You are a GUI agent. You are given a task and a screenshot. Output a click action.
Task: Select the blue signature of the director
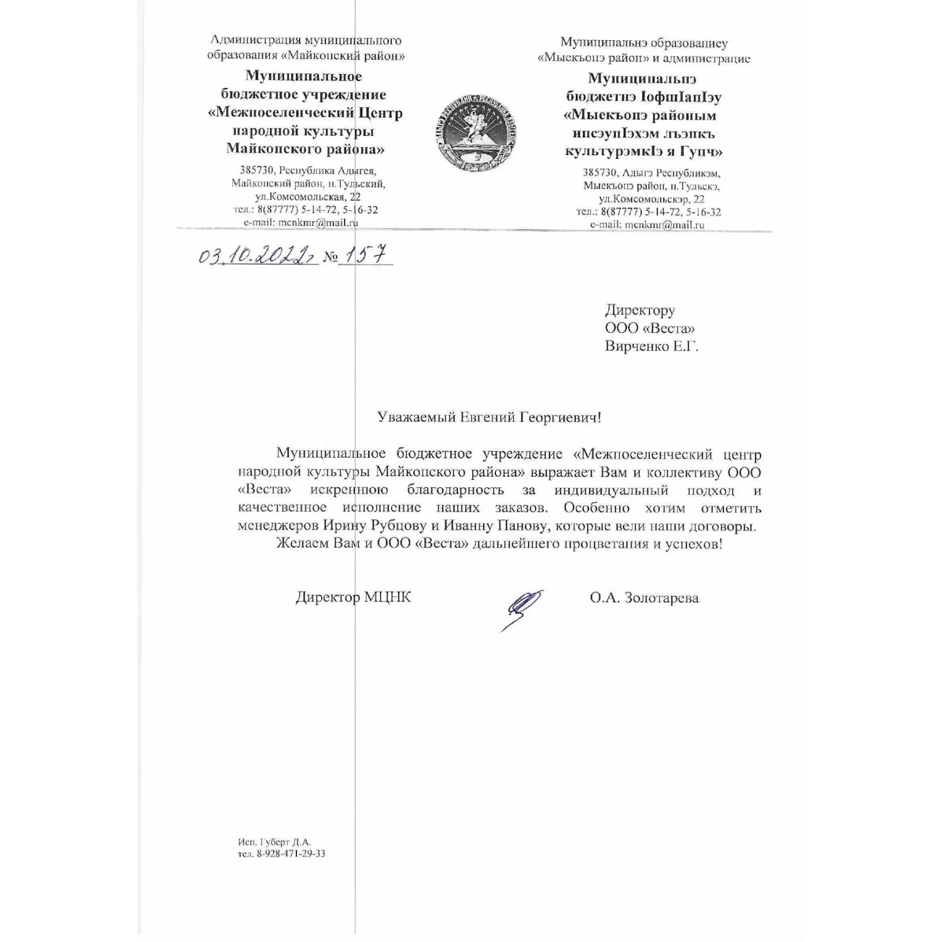(x=521, y=609)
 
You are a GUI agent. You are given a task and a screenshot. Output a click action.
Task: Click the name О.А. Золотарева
(x=644, y=598)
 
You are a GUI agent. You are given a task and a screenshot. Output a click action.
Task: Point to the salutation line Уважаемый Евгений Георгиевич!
(x=489, y=417)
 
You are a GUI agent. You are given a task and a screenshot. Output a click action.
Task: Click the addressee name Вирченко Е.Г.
(x=651, y=346)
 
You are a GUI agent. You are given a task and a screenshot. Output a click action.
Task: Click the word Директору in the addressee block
(x=640, y=310)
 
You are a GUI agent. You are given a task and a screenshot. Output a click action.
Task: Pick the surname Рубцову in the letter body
(x=403, y=526)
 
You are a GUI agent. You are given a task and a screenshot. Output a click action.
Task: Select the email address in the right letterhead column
(x=647, y=224)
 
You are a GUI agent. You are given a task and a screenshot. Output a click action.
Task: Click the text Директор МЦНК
(x=354, y=597)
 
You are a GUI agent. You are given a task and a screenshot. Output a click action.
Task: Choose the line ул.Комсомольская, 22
(x=305, y=197)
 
